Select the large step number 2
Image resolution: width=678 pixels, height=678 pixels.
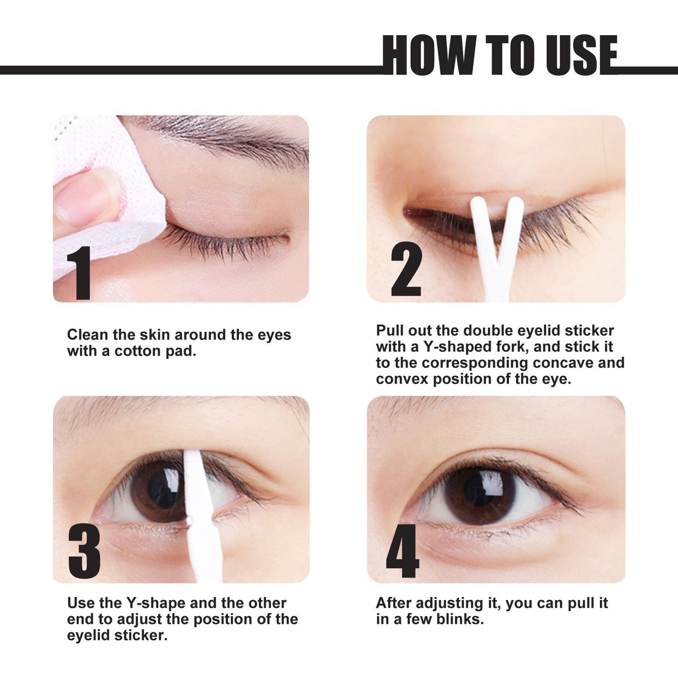click(406, 272)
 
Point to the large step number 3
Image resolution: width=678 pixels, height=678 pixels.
click(84, 551)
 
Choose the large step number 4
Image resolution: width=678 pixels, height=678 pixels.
click(402, 551)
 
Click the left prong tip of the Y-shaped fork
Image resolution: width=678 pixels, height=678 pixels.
click(477, 203)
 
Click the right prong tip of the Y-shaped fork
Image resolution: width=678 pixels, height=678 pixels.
click(517, 203)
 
